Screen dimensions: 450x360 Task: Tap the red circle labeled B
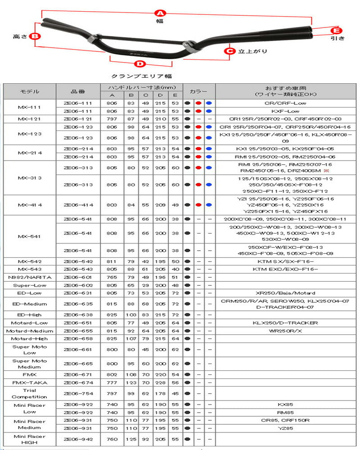35,36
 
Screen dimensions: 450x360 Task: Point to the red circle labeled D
140,64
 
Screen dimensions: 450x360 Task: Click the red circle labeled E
335,31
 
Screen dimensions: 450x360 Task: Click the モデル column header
30,91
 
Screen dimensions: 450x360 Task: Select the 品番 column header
78,91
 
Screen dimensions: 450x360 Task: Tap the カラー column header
198,91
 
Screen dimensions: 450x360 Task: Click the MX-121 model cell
30,119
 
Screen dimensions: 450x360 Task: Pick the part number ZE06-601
78,277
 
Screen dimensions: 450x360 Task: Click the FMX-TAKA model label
30,382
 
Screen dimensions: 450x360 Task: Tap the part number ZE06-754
78,393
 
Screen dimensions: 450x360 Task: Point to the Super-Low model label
30,285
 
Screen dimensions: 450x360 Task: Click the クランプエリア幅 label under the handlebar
141,76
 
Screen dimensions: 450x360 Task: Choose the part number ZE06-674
78,382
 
